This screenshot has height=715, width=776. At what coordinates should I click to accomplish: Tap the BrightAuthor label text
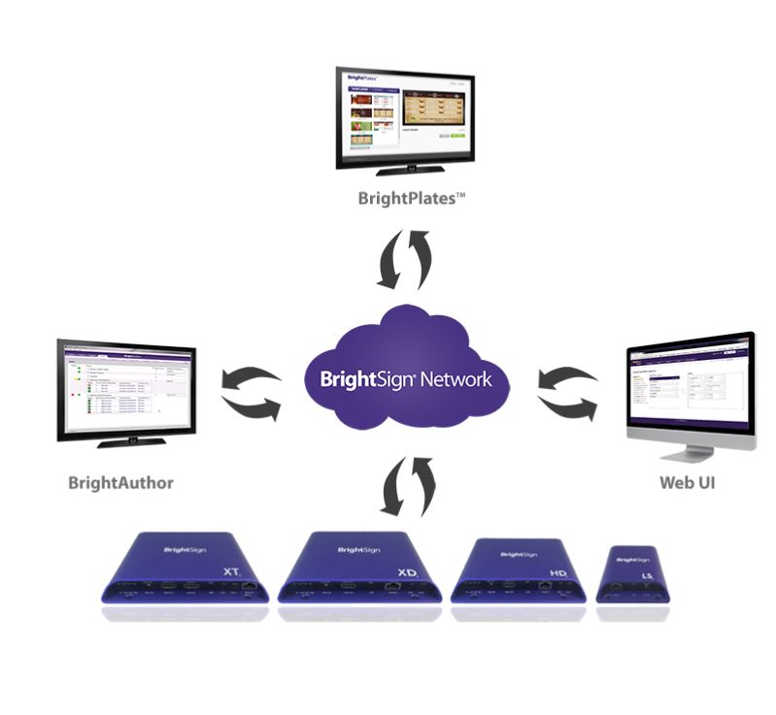coord(120,482)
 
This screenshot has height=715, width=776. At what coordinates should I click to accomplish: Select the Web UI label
coord(687,482)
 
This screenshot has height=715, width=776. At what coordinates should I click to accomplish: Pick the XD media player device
coord(357,568)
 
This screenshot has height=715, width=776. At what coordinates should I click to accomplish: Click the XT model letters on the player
coord(231,573)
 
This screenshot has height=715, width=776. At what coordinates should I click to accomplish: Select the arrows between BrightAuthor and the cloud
coord(251,391)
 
